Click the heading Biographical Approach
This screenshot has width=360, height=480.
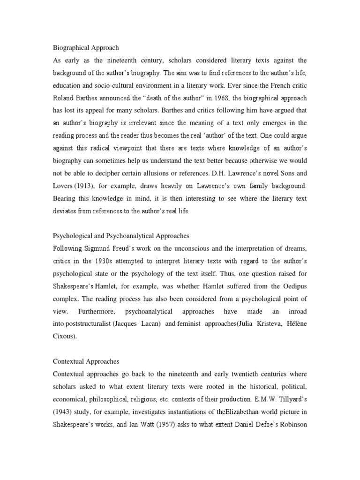point(85,47)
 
